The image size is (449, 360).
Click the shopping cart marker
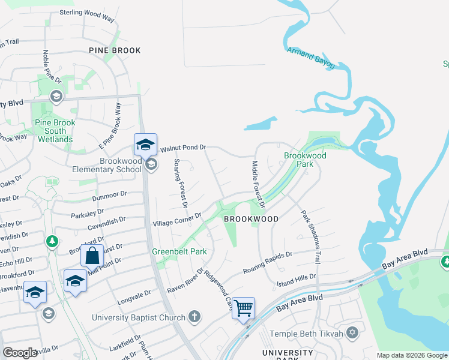pos(243,308)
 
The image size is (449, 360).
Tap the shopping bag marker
pos(92,256)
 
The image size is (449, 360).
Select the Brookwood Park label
pos(305,160)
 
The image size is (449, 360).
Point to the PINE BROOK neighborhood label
pos(115,50)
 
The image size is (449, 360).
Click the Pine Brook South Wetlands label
pos(55,131)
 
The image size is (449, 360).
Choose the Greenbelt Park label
pos(179,251)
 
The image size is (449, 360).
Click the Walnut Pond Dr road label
pos(183,147)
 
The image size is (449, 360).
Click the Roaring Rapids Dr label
pos(268,262)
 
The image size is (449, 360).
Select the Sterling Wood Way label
pos(87,16)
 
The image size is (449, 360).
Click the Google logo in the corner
pos(20,353)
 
